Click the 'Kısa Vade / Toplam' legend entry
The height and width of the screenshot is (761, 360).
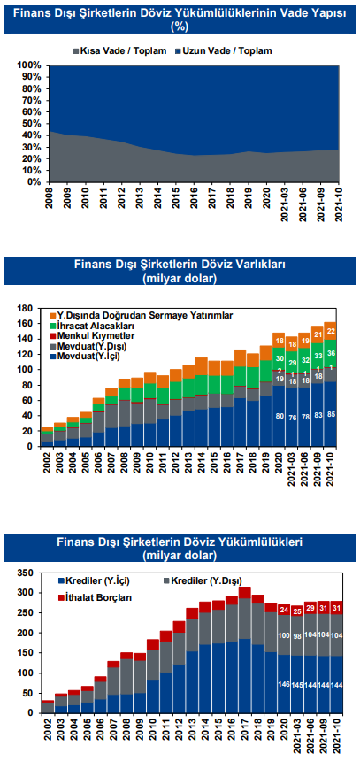119,50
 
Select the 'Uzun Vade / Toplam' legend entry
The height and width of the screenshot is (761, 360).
223,50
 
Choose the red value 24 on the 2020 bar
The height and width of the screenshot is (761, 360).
285,609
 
